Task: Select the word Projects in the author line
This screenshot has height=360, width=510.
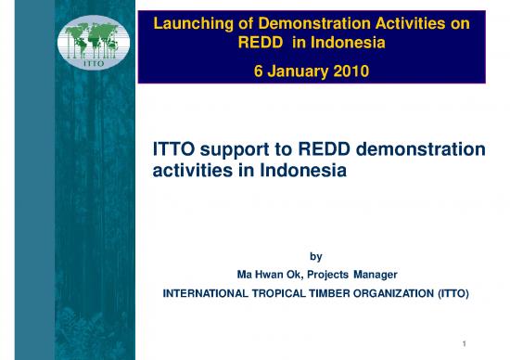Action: point(325,275)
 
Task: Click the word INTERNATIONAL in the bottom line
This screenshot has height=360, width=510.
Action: point(210,294)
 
